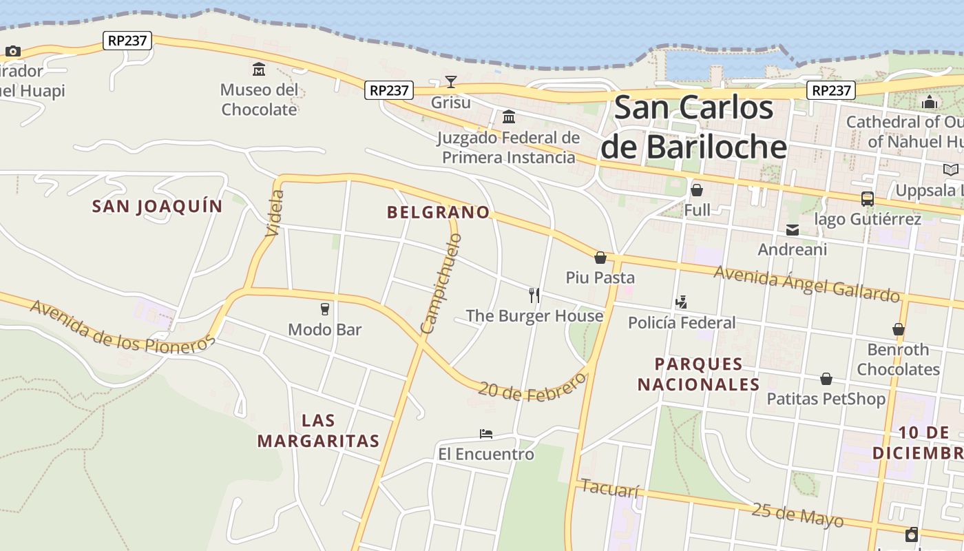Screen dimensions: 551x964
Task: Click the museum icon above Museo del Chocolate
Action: (259, 69)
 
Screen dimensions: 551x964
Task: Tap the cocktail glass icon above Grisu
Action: (450, 82)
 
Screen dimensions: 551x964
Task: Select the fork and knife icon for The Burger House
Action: (534, 295)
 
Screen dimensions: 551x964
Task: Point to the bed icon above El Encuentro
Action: (486, 434)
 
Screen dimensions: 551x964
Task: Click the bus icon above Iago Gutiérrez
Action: (867, 199)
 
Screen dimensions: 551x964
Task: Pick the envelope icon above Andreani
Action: (793, 229)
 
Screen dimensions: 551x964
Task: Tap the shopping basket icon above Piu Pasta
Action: (600, 258)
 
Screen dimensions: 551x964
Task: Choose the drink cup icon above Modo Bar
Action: (325, 309)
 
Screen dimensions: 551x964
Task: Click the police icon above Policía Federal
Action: (682, 302)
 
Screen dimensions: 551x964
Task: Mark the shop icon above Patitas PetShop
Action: (826, 379)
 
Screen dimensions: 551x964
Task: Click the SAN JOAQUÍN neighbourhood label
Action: (158, 206)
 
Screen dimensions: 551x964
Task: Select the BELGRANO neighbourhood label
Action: (439, 212)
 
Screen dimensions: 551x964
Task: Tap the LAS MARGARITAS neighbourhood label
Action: (319, 430)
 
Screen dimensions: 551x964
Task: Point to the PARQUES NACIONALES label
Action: (698, 374)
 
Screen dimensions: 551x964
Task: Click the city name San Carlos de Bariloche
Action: (693, 127)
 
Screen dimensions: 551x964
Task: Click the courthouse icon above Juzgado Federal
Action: (509, 116)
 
